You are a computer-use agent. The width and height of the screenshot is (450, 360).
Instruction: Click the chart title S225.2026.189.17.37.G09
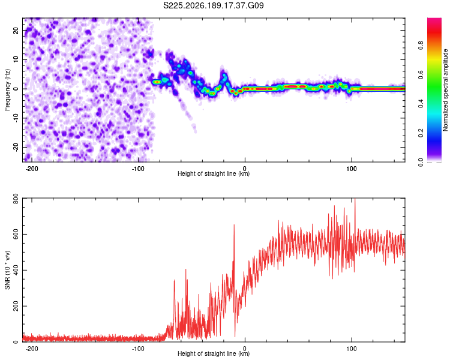213,5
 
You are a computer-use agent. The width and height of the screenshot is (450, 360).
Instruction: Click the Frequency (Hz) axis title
7,90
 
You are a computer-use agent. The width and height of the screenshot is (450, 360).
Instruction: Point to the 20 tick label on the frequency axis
16,30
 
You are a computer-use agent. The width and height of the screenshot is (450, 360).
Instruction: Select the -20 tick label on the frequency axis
16,148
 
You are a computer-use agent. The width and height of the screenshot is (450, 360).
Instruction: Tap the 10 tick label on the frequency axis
16,59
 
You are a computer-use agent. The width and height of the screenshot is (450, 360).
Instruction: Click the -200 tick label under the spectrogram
32,169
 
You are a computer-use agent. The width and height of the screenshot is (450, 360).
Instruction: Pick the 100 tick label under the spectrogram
351,169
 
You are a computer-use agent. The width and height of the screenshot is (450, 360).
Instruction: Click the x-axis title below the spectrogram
214,173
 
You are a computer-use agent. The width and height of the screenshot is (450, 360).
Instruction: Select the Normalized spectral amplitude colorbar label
445,90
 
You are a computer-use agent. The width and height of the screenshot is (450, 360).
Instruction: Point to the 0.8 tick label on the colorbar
421,46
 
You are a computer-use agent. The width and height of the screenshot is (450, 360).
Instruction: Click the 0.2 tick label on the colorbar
421,133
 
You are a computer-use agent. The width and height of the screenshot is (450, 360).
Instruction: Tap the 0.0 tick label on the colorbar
421,162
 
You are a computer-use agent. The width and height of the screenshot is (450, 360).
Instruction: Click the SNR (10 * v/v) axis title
7,270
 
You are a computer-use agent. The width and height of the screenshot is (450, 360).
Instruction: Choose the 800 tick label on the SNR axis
16,199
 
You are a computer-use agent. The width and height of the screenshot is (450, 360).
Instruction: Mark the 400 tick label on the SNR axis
16,270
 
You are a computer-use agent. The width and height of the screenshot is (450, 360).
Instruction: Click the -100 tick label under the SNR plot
138,349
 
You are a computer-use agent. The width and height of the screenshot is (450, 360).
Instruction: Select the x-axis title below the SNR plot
214,353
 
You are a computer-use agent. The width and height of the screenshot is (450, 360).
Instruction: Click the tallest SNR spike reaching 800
355,199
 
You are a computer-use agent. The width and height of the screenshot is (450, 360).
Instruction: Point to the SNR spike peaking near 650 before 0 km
234,226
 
